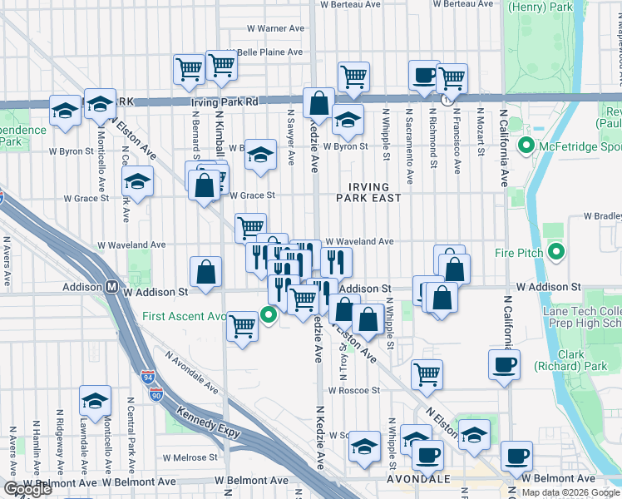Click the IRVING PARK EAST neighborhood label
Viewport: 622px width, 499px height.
368,190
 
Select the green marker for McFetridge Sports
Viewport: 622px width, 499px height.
526,147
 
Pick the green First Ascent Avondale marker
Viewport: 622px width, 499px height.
268,315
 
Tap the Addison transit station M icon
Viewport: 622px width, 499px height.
111,286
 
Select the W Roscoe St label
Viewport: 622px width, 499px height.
353,390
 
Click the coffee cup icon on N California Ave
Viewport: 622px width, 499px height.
505,365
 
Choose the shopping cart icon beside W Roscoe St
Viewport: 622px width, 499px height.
427,373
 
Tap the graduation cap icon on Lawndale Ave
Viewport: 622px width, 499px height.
96,400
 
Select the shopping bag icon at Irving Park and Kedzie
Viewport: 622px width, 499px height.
318,104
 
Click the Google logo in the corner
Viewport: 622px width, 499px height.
28,490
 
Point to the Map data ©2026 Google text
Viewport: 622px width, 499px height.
570,492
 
